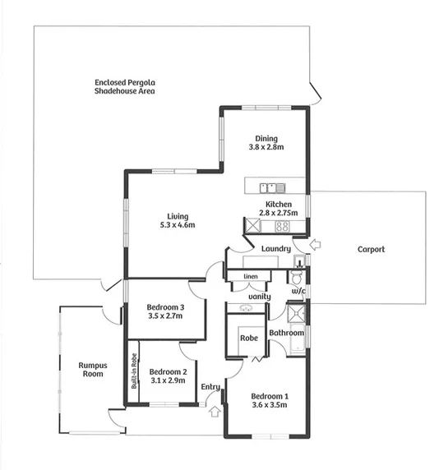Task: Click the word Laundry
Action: (276, 249)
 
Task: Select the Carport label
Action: (371, 250)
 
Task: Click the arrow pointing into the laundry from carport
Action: (319, 245)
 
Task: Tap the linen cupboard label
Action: (250, 277)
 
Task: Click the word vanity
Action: (259, 297)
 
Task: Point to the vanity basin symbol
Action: (247, 309)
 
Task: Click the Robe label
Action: (247, 338)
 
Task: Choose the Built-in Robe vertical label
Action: (133, 371)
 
